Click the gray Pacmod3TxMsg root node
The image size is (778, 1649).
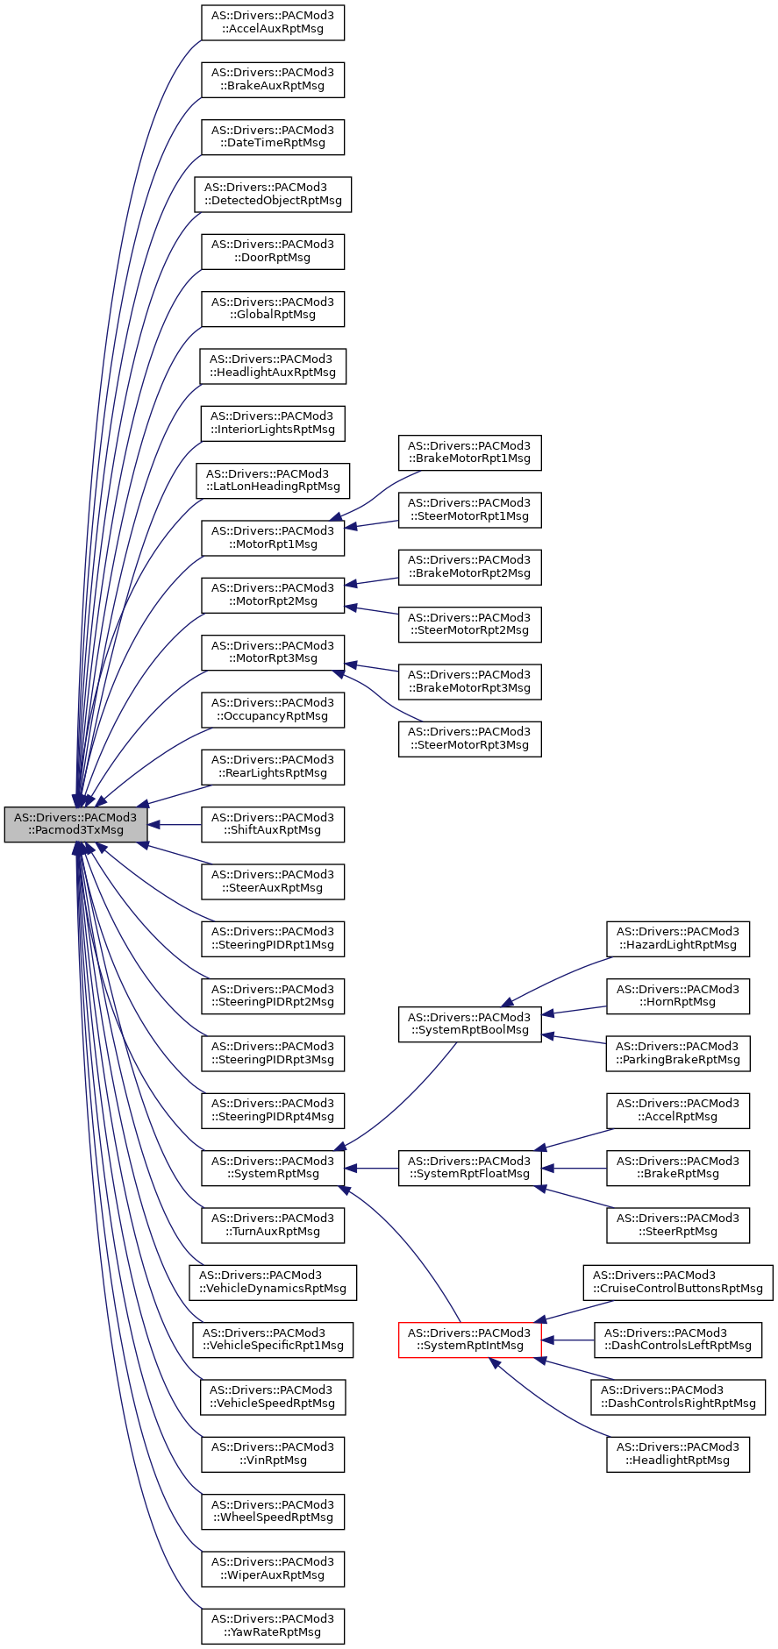(75, 824)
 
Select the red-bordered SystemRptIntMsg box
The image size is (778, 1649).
(469, 1340)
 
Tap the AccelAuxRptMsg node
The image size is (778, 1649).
(272, 22)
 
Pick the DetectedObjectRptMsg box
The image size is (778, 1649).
(272, 194)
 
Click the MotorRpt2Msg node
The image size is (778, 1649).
(272, 594)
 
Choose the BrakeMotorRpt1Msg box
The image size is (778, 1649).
(469, 451)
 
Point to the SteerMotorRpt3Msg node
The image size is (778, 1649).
(469, 738)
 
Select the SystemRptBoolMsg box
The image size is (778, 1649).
(469, 1024)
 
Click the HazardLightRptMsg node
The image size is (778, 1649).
(677, 938)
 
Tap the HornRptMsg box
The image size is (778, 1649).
(677, 996)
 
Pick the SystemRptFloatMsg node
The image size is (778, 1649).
(469, 1168)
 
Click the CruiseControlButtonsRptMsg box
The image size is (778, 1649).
(677, 1282)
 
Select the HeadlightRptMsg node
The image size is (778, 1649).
(677, 1454)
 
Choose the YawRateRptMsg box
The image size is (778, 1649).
(272, 1625)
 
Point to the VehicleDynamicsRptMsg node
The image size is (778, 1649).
(272, 1282)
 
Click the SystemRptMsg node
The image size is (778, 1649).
(272, 1168)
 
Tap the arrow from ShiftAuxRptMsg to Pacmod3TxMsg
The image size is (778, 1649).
(175, 825)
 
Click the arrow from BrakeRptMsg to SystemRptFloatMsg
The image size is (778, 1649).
(575, 1168)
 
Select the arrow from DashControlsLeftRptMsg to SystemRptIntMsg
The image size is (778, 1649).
(570, 1340)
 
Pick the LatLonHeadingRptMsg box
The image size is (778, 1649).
(272, 480)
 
